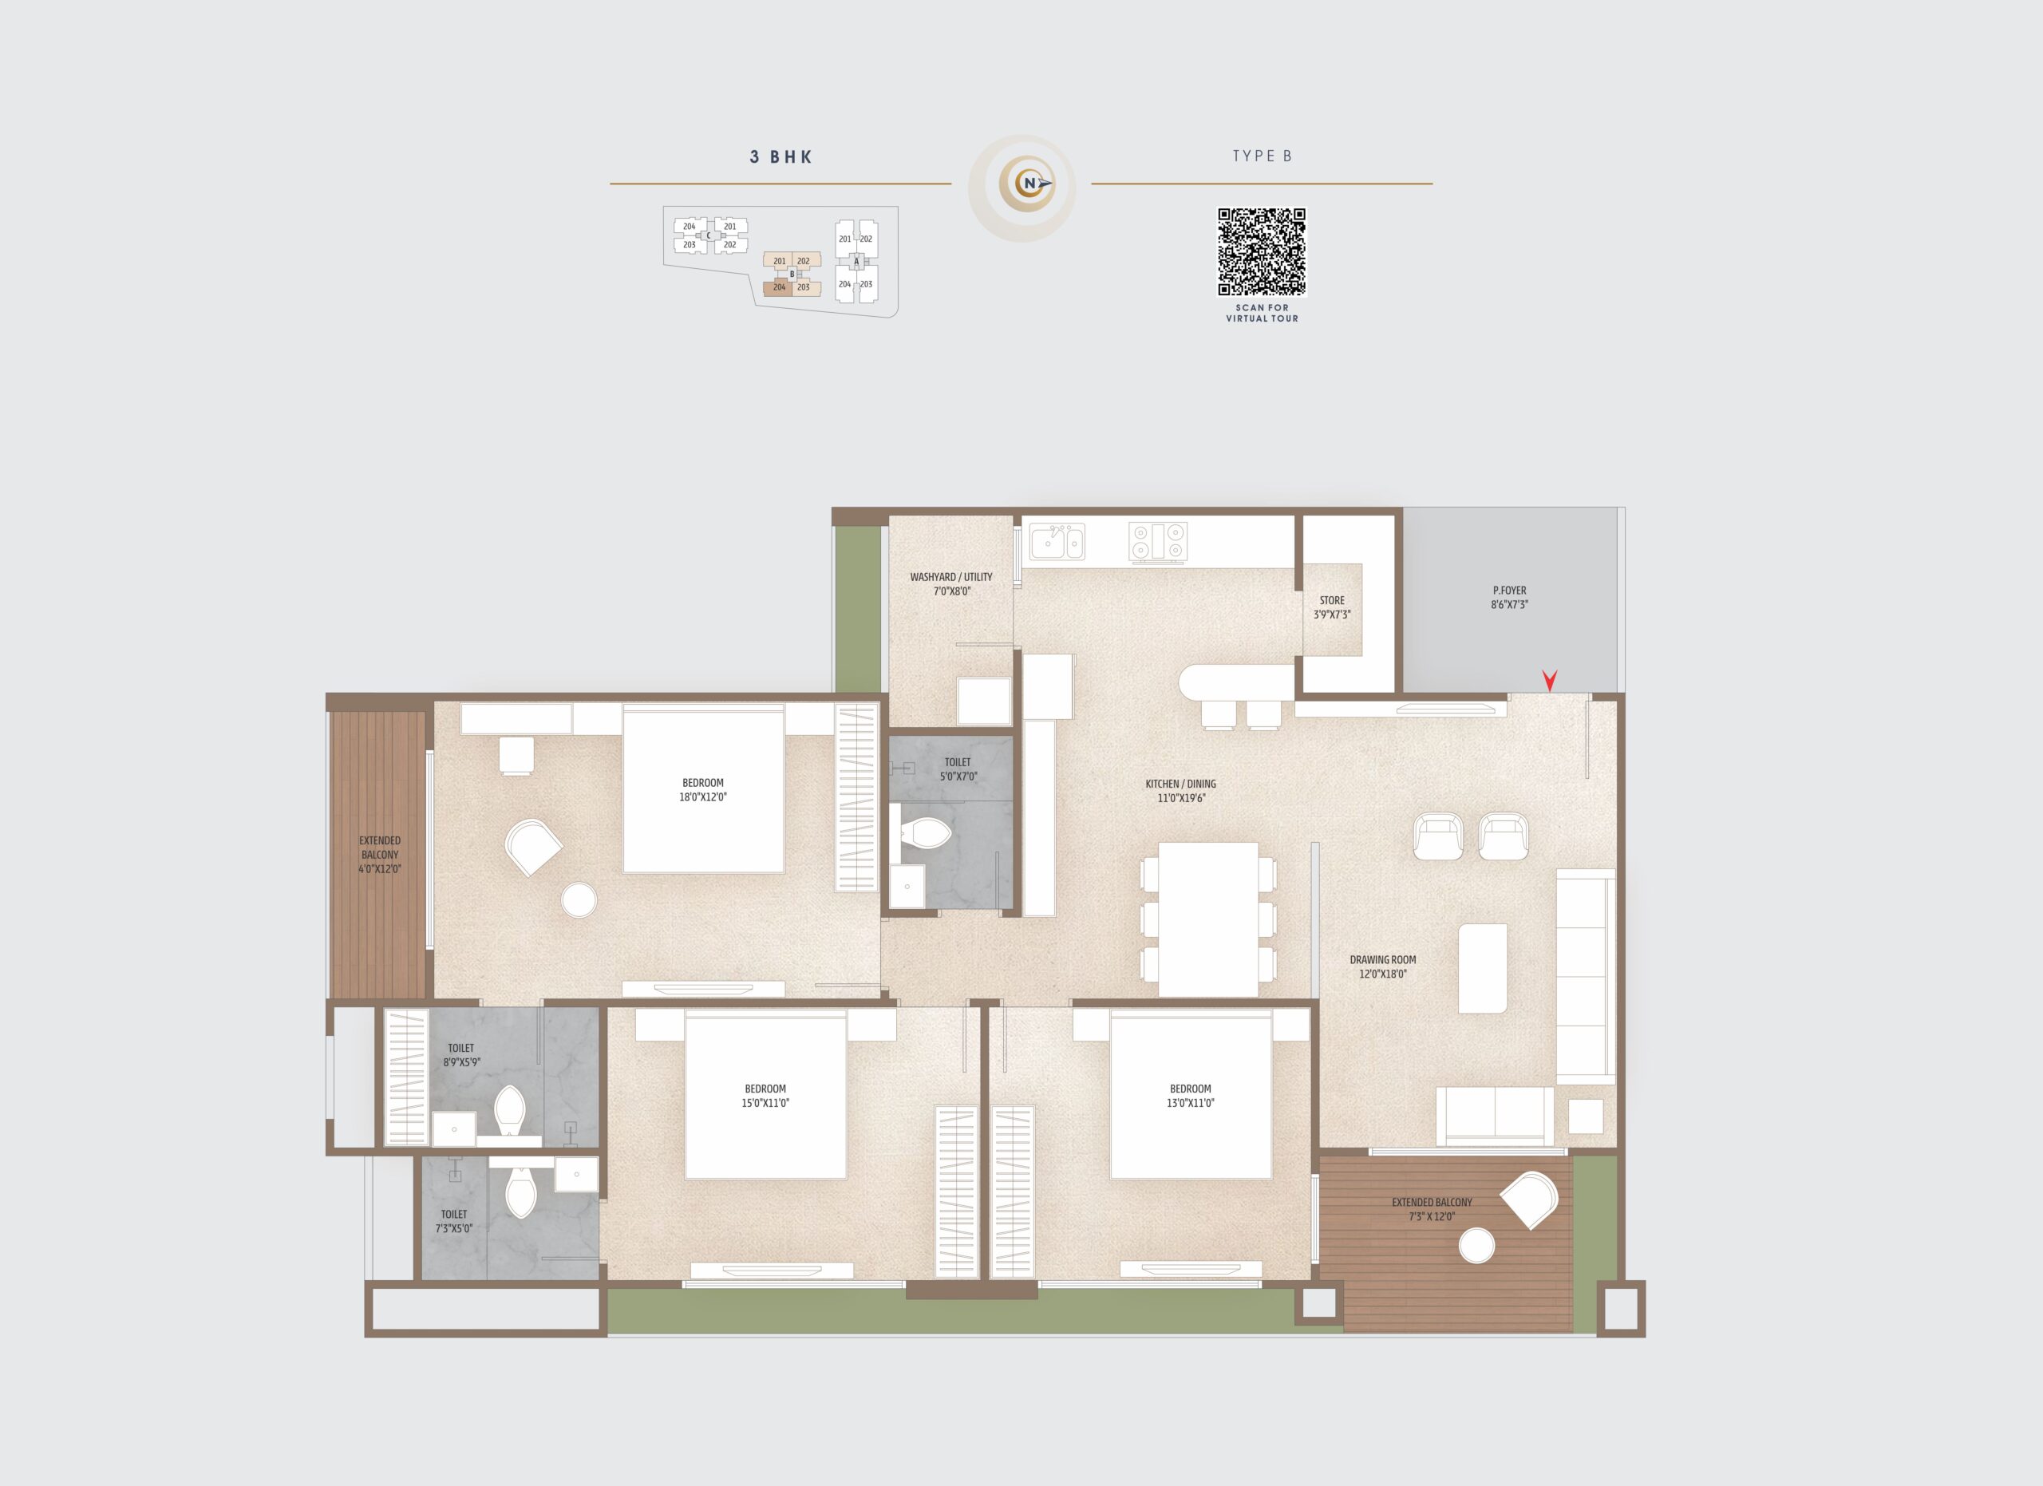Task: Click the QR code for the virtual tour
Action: (1261, 251)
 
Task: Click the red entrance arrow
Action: (1549, 681)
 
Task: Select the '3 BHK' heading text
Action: (781, 156)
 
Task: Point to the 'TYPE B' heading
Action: (1262, 156)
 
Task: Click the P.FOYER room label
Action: (1510, 598)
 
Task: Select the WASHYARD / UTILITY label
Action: (951, 583)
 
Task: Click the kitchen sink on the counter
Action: (1057, 542)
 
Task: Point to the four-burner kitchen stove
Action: (1157, 542)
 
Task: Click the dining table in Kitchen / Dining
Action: (1208, 919)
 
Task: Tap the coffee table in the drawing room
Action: (1483, 968)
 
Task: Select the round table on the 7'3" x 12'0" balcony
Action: (1476, 1247)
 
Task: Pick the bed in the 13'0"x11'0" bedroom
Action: (1191, 1094)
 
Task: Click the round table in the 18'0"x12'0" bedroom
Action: (579, 899)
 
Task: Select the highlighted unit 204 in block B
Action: (777, 288)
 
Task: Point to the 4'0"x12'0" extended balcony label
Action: (380, 855)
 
